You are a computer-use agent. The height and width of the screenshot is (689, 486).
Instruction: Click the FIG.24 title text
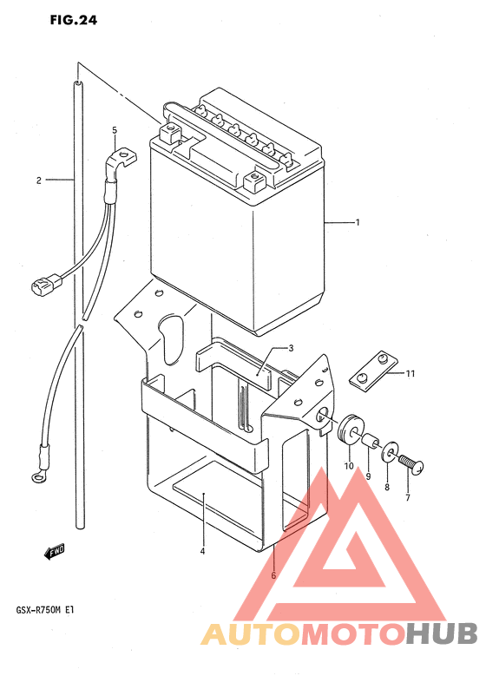(74, 20)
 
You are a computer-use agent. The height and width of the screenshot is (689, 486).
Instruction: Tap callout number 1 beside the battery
(358, 222)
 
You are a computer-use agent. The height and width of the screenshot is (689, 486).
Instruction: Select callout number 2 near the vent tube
(39, 180)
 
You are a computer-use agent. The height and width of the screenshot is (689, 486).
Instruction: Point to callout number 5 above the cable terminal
(115, 130)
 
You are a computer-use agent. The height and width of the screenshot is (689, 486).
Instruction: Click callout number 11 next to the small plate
(410, 374)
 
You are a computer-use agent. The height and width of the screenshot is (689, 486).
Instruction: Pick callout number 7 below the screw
(408, 498)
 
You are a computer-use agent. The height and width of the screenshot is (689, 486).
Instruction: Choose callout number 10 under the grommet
(349, 466)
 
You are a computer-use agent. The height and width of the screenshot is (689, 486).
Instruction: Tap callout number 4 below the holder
(202, 552)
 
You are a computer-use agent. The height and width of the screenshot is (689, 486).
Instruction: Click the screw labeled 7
(411, 464)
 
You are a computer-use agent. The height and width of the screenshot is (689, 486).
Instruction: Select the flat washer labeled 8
(389, 453)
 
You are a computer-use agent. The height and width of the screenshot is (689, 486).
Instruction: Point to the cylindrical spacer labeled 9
(369, 439)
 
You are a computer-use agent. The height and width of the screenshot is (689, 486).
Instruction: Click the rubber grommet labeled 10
(350, 429)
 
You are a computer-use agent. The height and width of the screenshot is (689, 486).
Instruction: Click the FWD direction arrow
(55, 552)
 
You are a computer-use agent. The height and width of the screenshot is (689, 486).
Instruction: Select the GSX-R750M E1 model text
(45, 610)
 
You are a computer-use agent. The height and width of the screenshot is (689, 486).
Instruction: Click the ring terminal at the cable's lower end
(37, 475)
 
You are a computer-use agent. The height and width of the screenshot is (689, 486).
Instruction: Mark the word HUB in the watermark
(442, 634)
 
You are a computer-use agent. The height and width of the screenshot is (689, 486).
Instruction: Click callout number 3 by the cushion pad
(291, 349)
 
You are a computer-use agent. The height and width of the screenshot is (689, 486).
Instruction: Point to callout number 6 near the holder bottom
(273, 575)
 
